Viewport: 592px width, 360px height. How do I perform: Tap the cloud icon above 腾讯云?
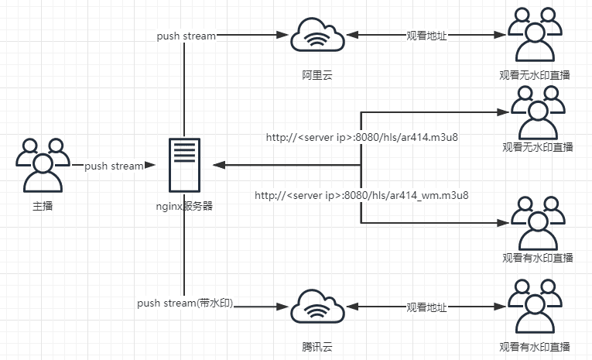[x=317, y=307]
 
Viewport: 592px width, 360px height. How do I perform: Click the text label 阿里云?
[x=317, y=75]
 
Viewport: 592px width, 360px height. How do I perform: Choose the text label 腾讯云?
[x=317, y=346]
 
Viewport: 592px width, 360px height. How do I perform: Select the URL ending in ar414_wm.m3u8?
[x=361, y=195]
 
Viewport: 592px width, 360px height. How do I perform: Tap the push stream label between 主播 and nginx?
[x=114, y=166]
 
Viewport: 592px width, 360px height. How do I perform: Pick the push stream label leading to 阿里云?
[x=186, y=36]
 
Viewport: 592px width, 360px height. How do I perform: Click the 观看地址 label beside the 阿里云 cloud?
[x=427, y=36]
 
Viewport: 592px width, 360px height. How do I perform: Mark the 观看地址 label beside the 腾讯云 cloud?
[x=427, y=307]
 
